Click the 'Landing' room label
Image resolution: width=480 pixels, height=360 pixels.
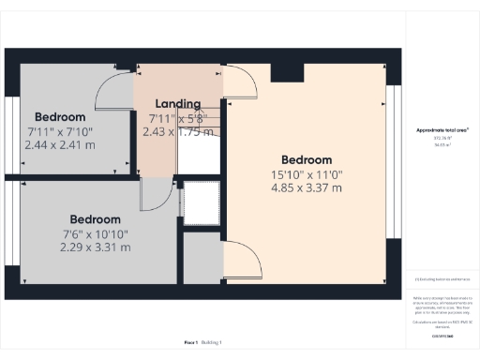coord(177,103)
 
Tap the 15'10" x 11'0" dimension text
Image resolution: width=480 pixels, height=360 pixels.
coord(306,173)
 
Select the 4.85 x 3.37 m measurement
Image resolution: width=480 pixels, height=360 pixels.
coord(306,187)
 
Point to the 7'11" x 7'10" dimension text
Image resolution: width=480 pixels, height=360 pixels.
coord(61,131)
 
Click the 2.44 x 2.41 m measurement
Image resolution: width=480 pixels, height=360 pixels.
coord(61,145)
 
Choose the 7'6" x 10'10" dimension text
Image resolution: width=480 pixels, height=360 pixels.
coord(97,233)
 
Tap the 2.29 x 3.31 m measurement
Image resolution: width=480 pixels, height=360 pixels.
coord(97,247)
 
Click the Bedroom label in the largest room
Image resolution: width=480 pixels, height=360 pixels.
coord(306,158)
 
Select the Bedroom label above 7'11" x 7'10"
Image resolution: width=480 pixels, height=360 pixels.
coord(61,117)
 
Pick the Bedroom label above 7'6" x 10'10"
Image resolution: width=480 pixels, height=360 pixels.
coord(97,219)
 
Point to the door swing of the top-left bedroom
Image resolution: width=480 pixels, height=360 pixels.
coord(114,89)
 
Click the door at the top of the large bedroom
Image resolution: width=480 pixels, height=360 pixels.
coord(240,84)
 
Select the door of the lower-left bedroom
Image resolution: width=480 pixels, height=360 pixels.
coord(151,194)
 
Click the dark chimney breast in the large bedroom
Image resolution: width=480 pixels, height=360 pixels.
coord(280,73)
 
